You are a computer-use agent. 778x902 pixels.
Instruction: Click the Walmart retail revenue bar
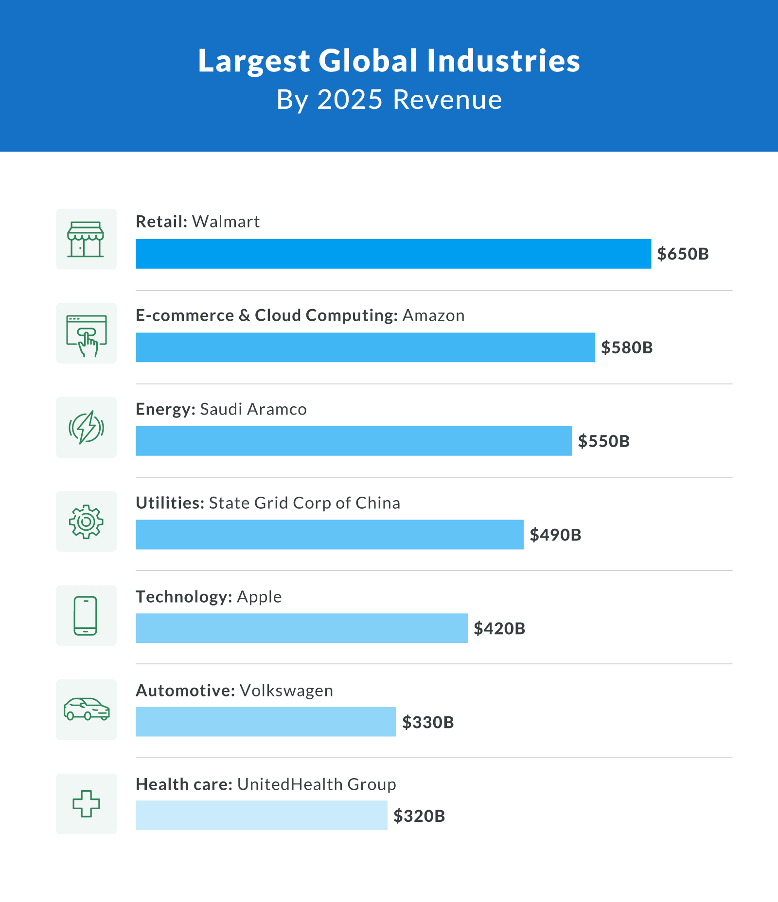pos(393,254)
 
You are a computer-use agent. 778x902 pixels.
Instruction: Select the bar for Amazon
pos(365,347)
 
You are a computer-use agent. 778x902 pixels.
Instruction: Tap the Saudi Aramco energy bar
pos(354,441)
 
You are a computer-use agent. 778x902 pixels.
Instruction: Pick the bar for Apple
pos(301,628)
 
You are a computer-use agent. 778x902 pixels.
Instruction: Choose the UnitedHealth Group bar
pos(261,815)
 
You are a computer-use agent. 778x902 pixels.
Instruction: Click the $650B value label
pos(683,254)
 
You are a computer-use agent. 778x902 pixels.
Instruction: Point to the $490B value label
pos(555,535)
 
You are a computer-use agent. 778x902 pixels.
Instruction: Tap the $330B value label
pos(428,722)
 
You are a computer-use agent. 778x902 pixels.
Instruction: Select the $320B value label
pos(419,815)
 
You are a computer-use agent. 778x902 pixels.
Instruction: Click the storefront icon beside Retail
pos(86,239)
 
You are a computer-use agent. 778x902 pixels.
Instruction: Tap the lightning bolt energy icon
pos(86,427)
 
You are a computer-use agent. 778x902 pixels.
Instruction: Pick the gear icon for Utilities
pos(86,521)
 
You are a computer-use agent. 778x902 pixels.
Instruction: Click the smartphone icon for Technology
pos(86,615)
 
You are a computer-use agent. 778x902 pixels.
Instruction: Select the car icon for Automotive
pos(87,710)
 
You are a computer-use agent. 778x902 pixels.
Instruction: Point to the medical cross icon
pos(86,804)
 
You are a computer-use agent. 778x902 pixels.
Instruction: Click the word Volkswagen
pos(286,691)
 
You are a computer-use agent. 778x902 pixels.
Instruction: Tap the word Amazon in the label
pos(433,315)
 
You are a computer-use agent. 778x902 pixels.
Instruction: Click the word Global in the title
pos(368,61)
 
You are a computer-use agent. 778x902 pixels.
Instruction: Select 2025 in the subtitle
pos(350,100)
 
